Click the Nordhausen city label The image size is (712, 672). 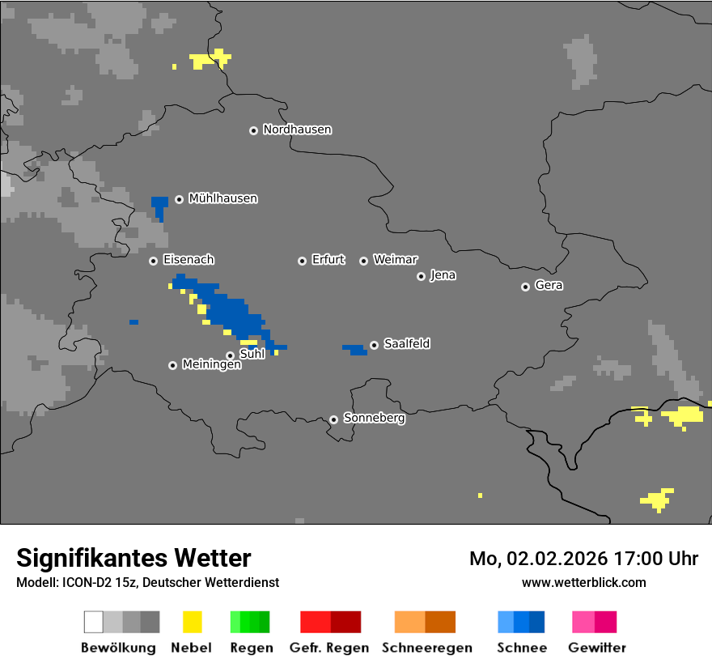(297, 130)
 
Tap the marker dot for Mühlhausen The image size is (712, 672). (179, 199)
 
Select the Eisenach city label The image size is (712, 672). (189, 260)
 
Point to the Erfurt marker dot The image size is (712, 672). (302, 261)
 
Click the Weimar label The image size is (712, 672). (395, 260)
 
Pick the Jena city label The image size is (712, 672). (443, 275)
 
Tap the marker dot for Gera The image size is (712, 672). (525, 287)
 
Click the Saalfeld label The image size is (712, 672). (406, 344)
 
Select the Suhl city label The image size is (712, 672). (252, 354)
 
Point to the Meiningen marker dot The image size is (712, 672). (172, 365)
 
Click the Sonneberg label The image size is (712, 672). (374, 419)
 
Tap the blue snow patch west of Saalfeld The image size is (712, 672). (355, 349)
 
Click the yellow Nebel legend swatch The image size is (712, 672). (192, 622)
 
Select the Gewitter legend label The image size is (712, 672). (597, 648)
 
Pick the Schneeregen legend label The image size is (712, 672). (427, 648)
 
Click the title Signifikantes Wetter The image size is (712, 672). (133, 558)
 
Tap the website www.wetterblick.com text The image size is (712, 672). (583, 582)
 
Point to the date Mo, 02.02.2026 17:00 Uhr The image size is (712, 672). (583, 559)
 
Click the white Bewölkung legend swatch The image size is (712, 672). (94, 622)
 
